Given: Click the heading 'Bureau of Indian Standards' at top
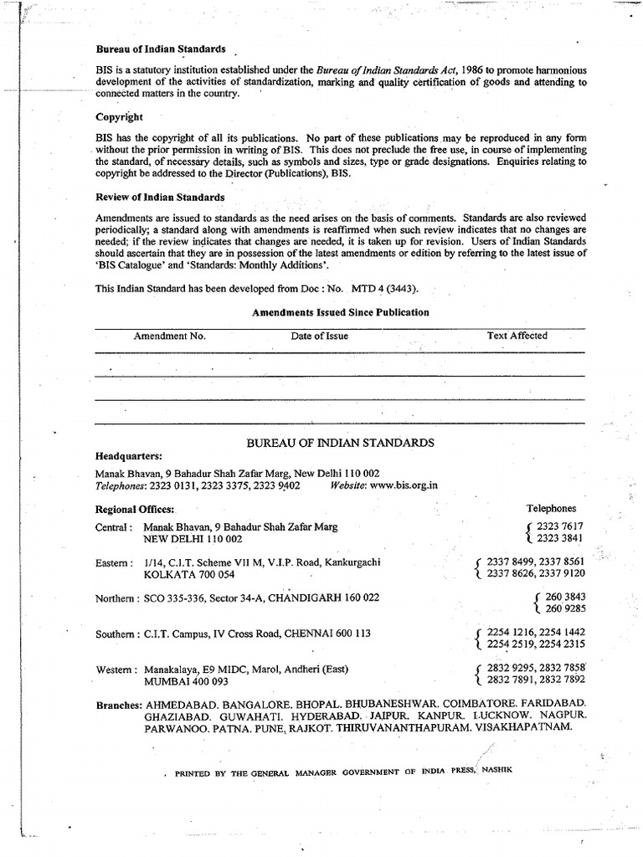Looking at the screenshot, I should point(161,49).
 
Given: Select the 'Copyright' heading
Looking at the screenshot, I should point(119,117).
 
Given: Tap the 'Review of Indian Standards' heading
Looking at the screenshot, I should point(160,197).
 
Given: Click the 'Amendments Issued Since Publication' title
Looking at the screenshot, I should point(341,312).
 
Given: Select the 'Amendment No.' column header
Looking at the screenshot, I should point(170,336).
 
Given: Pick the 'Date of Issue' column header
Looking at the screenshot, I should point(320,336).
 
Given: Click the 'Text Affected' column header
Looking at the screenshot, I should point(517,336).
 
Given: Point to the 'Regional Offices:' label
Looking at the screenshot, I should point(135,509).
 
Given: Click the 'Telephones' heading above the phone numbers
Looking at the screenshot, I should point(551,508).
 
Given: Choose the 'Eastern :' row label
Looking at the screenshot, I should point(114,562).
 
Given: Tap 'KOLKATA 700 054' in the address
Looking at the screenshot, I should point(189,575).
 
